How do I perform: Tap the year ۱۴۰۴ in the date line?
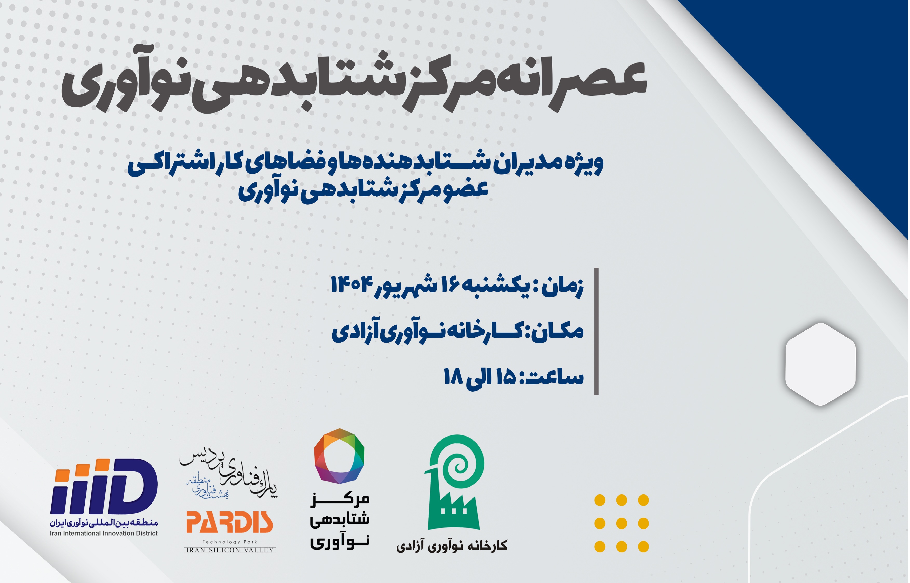point(353,285)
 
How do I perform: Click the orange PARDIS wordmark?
point(229,522)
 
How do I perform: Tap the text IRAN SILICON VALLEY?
point(229,550)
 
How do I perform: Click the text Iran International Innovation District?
point(104,533)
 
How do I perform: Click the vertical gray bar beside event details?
point(596,331)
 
